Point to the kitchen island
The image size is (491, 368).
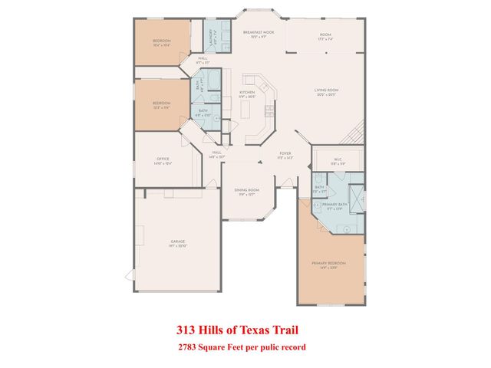coord(246,111)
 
